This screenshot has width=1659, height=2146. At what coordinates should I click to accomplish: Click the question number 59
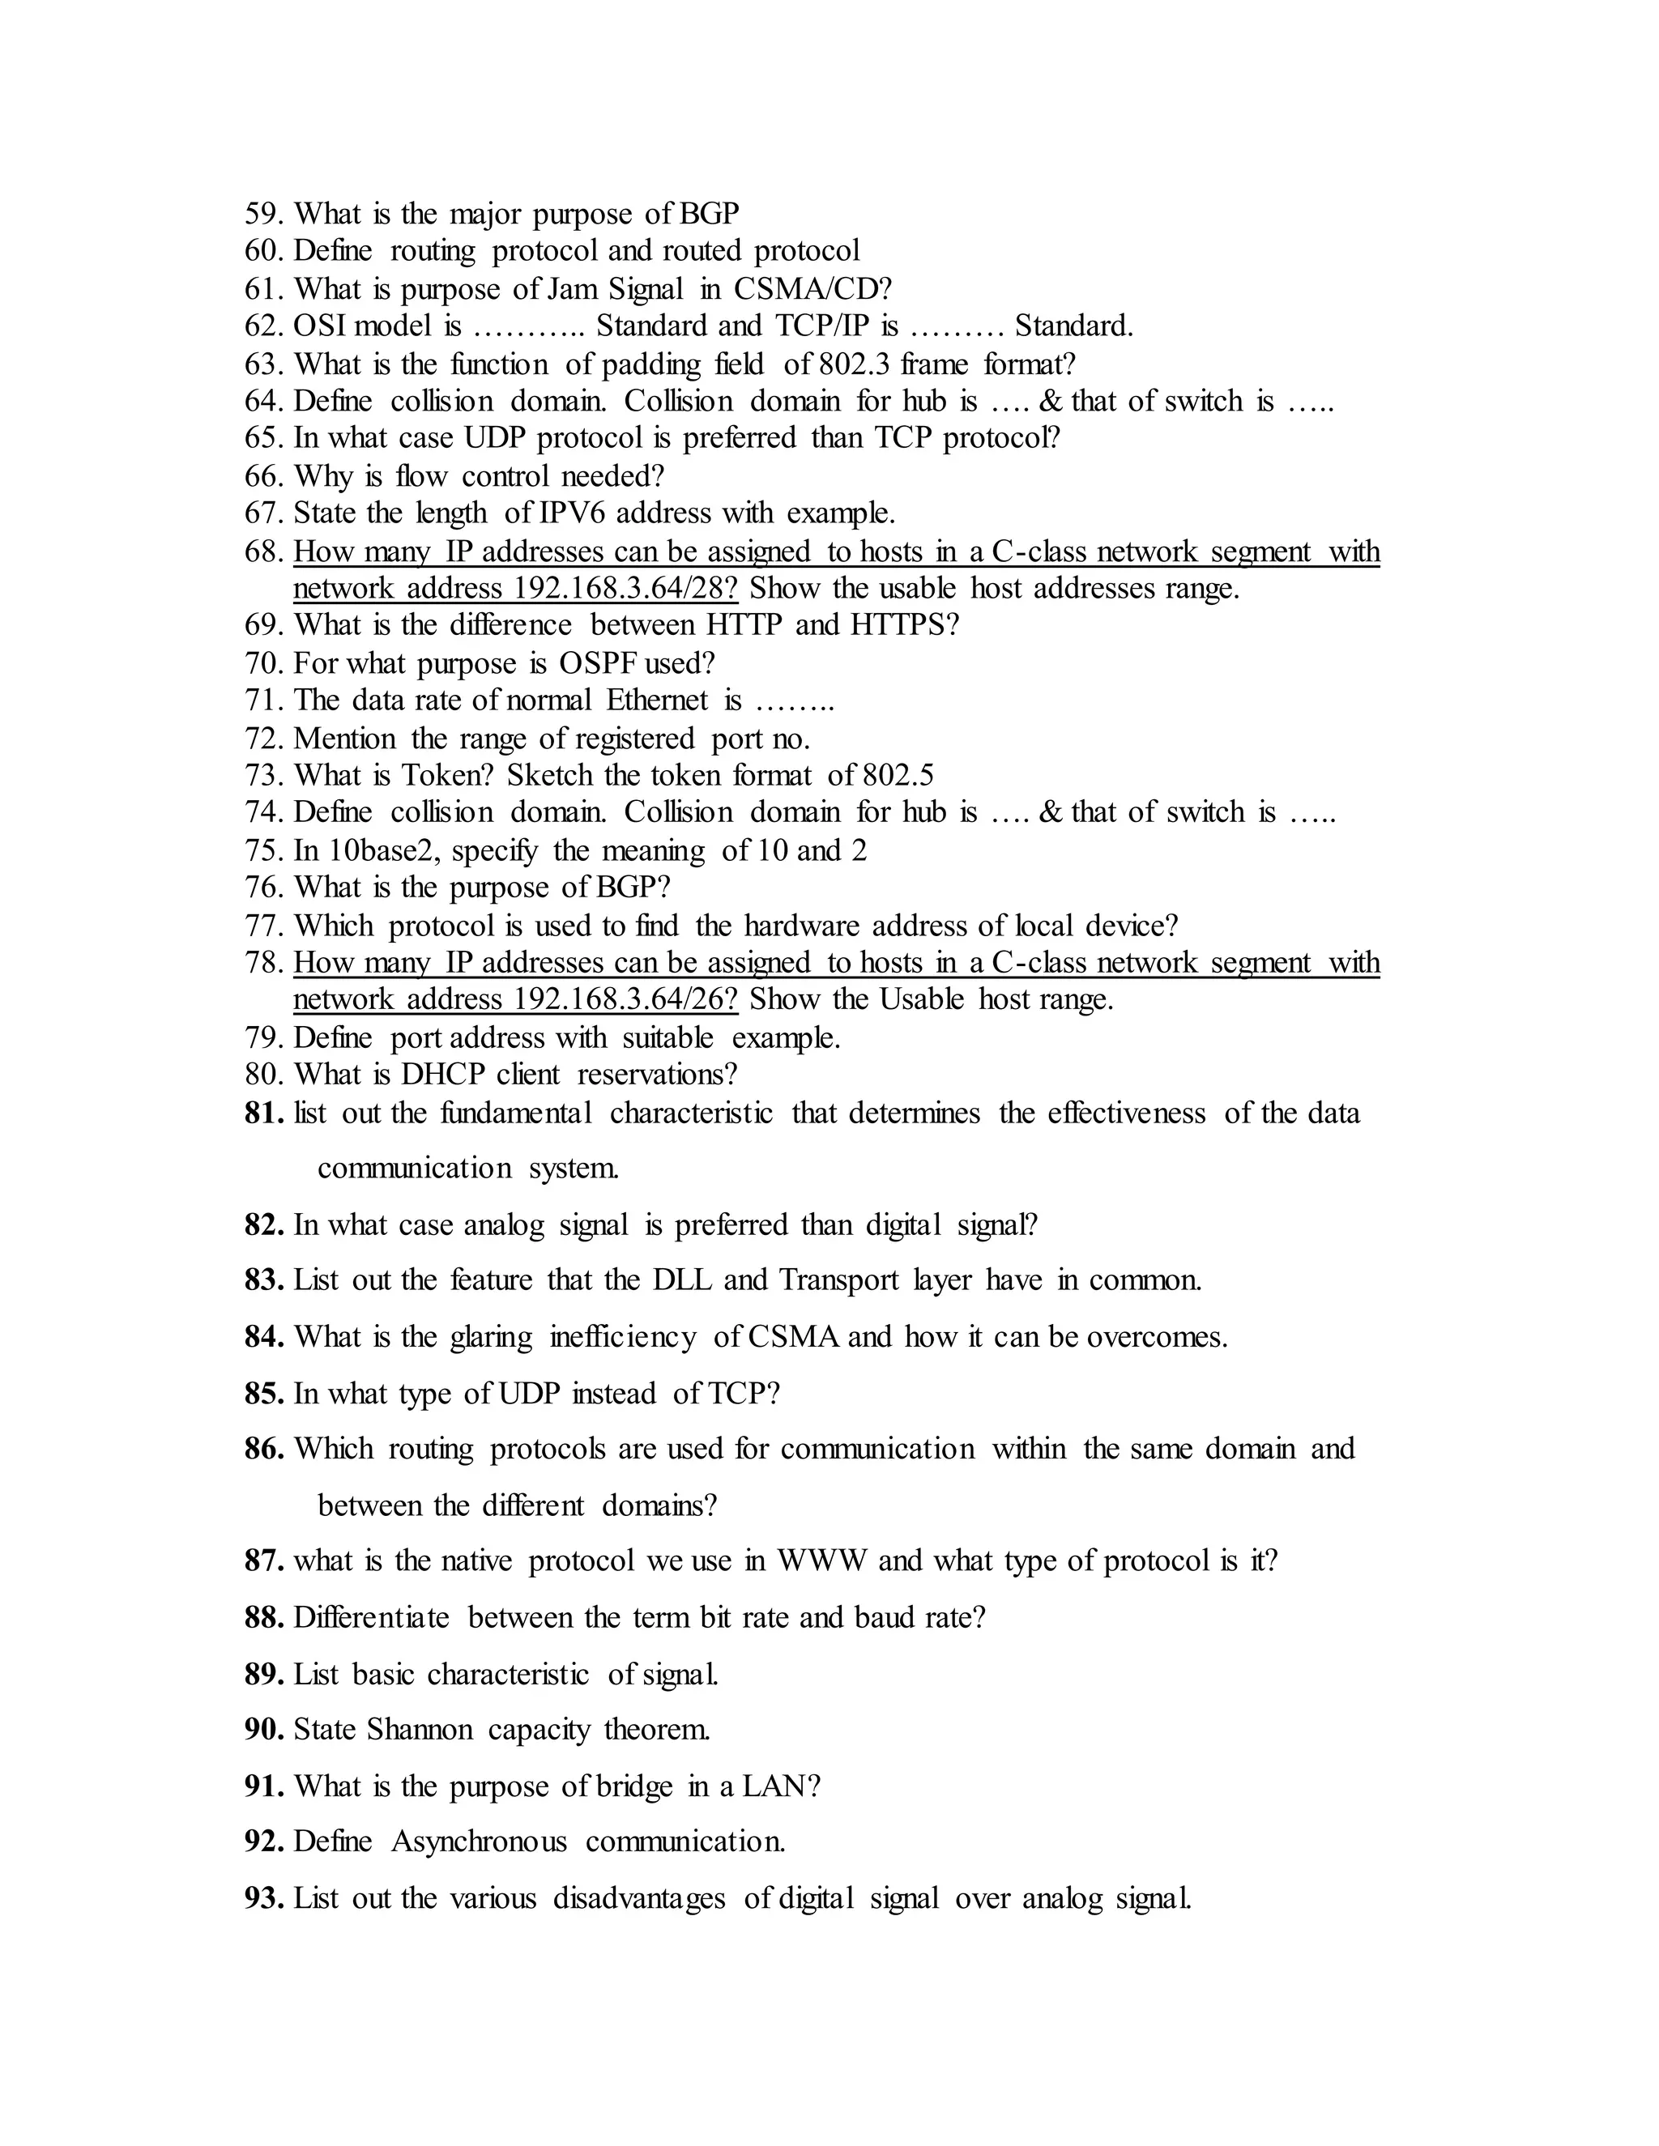point(263,213)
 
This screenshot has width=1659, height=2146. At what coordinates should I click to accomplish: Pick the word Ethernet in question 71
point(656,700)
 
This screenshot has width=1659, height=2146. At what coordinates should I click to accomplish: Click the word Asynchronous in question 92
point(479,1842)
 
